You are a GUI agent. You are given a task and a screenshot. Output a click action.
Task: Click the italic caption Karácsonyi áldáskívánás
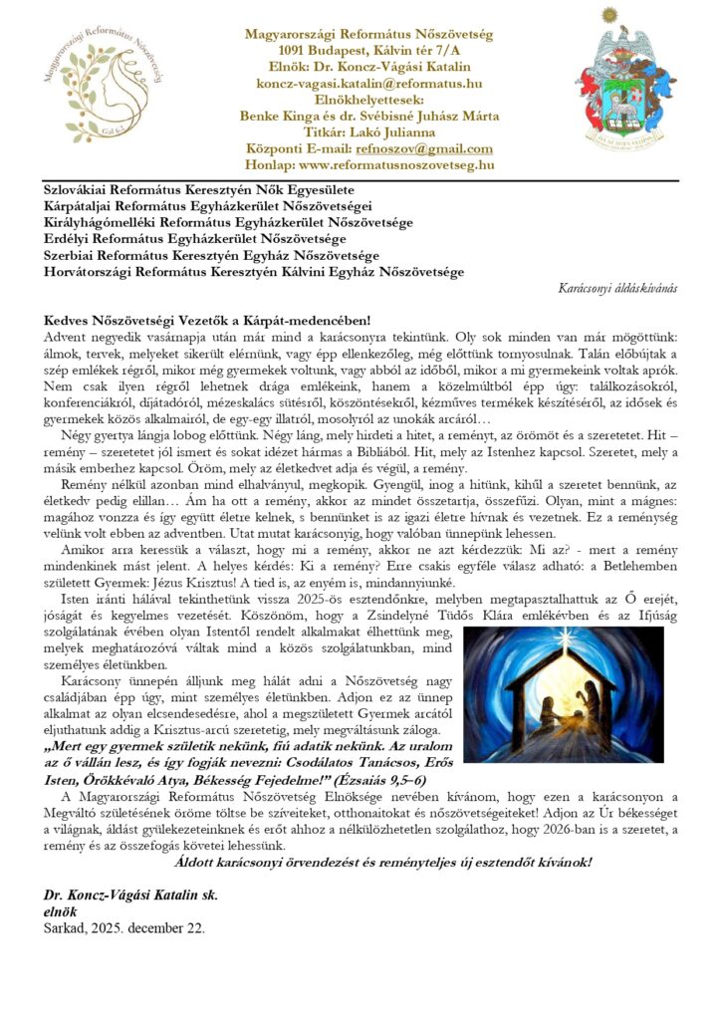pyautogui.click(x=618, y=287)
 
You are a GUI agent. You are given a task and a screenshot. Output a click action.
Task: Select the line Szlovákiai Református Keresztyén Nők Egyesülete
pyautogui.click(x=198, y=189)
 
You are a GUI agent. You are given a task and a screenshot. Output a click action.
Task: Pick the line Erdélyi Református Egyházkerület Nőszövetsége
pyautogui.click(x=195, y=239)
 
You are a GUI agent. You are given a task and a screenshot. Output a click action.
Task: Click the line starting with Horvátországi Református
pyautogui.click(x=254, y=271)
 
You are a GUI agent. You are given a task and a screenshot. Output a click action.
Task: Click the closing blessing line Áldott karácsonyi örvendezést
pyautogui.click(x=381, y=861)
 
